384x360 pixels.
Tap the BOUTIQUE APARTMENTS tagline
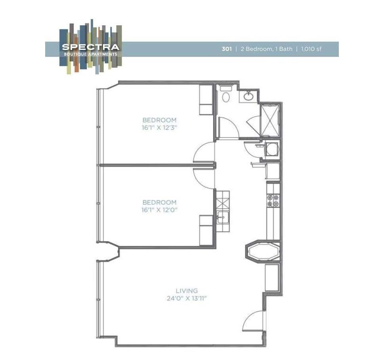pos(90,53)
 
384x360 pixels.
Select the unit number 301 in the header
pos(226,49)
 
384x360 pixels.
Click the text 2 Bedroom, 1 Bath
pos(266,49)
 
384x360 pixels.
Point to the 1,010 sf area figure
pos(311,49)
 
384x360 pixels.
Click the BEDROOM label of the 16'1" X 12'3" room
pos(159,120)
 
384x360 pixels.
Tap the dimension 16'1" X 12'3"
pos(159,128)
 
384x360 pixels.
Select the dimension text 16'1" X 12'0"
pos(159,210)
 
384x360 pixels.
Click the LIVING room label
pos(187,291)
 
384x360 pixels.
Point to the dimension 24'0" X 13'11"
pos(187,299)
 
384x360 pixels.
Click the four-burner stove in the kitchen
pos(273,200)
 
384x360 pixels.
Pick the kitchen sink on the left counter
pos(222,217)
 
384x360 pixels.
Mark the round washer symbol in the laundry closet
pos(272,149)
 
